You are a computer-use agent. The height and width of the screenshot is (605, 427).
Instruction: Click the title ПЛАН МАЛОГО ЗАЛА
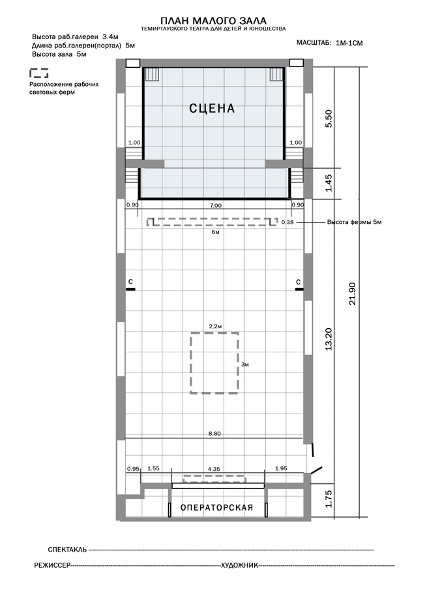(213, 20)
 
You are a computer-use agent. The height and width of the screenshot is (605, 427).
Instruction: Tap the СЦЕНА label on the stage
(212, 108)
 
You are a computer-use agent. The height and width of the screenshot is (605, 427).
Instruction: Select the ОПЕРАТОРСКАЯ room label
(216, 508)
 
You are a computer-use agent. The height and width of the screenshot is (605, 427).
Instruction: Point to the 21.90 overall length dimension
(352, 294)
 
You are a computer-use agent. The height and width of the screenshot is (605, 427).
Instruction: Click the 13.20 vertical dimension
(329, 339)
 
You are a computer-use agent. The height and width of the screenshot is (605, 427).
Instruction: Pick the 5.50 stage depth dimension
(328, 119)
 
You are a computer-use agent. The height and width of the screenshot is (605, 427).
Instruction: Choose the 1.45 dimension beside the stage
(328, 183)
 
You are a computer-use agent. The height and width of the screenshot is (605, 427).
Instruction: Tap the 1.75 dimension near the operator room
(329, 499)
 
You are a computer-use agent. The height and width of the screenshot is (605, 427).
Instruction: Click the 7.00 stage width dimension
(215, 206)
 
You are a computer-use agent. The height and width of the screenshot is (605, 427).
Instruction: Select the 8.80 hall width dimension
(214, 434)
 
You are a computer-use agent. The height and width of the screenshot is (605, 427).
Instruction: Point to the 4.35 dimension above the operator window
(214, 469)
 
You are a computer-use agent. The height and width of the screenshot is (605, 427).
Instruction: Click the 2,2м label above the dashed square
(215, 326)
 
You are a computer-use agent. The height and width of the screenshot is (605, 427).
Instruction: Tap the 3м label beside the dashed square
(244, 364)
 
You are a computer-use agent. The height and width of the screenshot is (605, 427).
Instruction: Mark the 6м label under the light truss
(215, 232)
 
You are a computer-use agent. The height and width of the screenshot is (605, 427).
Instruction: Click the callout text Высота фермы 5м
(354, 222)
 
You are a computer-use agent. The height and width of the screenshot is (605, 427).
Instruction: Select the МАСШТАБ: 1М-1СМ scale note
(329, 43)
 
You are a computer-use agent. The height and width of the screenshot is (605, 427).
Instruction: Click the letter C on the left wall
(131, 282)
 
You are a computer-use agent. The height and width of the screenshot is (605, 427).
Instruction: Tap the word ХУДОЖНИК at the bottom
(239, 566)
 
